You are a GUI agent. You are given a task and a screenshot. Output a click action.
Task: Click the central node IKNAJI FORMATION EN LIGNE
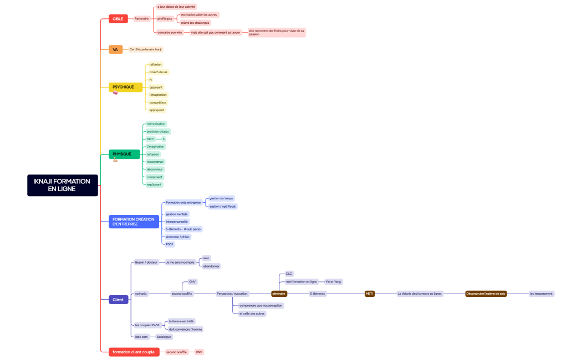click(62, 185)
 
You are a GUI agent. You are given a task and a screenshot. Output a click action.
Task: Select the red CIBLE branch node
click(118, 19)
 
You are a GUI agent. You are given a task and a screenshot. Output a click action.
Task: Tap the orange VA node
click(115, 49)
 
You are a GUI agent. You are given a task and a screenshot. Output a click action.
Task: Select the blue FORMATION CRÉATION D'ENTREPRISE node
click(134, 222)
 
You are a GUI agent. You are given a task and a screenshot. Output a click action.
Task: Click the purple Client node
click(119, 300)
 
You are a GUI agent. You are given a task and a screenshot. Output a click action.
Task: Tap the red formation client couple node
click(134, 352)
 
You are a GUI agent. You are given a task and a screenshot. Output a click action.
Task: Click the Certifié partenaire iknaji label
click(145, 49)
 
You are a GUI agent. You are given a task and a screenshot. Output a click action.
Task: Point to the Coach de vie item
click(158, 72)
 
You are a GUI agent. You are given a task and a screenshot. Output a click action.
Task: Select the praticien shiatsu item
click(158, 131)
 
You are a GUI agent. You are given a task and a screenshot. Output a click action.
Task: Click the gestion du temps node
click(221, 198)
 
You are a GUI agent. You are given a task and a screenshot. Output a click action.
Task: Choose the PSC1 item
click(170, 244)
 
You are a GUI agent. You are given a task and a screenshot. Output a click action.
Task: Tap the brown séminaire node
click(279, 294)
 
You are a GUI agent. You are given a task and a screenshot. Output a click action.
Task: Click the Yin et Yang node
click(333, 281)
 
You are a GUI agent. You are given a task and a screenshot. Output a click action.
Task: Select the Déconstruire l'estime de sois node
click(486, 294)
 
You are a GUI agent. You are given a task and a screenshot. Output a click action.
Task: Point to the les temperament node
click(540, 294)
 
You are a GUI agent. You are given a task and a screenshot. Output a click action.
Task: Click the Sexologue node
click(164, 337)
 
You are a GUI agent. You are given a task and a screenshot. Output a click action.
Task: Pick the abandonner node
click(211, 266)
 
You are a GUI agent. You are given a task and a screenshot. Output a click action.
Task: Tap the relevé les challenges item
click(195, 23)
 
